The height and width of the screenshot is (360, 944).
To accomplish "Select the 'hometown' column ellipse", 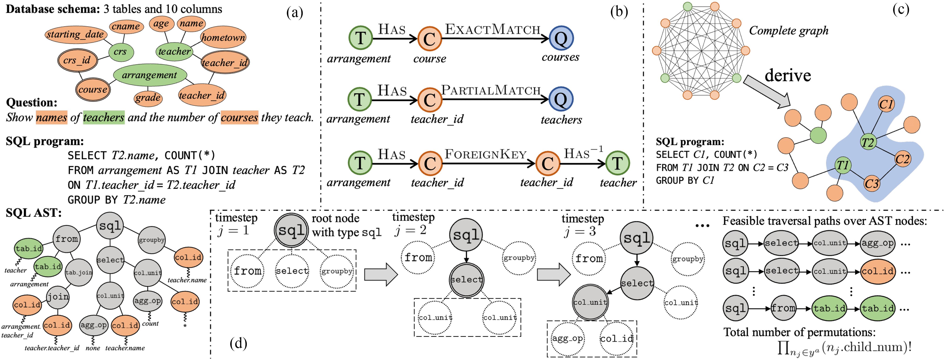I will pos(223,37).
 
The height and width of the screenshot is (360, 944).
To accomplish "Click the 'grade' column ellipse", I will pos(148,98).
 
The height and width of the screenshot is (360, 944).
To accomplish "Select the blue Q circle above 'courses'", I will pos(561,38).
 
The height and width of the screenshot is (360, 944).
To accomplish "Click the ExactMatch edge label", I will pos(493,29).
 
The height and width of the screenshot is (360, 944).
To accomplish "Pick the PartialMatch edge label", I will pos(491,90).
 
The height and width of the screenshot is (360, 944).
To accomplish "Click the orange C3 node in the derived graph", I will pos(871,183).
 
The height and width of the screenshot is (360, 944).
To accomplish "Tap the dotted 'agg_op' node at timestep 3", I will pos(568,339).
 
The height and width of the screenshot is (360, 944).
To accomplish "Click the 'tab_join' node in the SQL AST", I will pos(79,272).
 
